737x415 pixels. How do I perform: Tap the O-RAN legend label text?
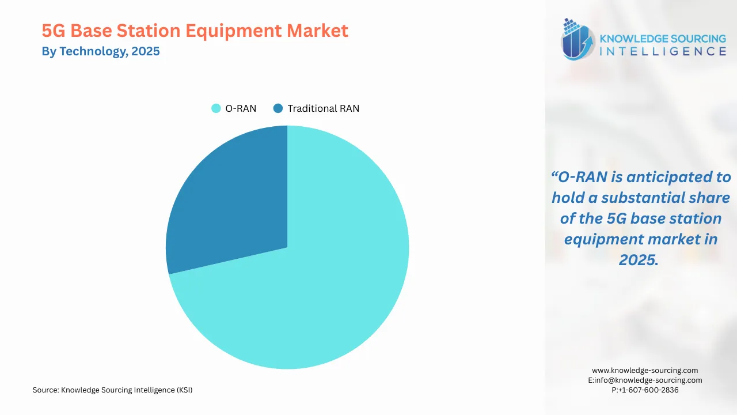coord(241,108)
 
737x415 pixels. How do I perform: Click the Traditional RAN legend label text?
coord(323,108)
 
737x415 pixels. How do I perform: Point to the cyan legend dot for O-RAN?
coord(216,108)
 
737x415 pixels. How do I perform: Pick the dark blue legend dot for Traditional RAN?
coord(278,108)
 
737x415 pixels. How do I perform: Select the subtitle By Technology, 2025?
coord(101,51)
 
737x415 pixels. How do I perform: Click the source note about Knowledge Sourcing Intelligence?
coord(112,390)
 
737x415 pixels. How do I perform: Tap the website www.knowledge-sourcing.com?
coord(645,371)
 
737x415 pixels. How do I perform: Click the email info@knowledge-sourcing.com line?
coord(645,380)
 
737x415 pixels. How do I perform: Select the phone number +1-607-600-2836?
coord(645,390)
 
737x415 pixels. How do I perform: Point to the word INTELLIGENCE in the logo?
coord(663,52)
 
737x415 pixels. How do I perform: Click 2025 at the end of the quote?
coord(638,260)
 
